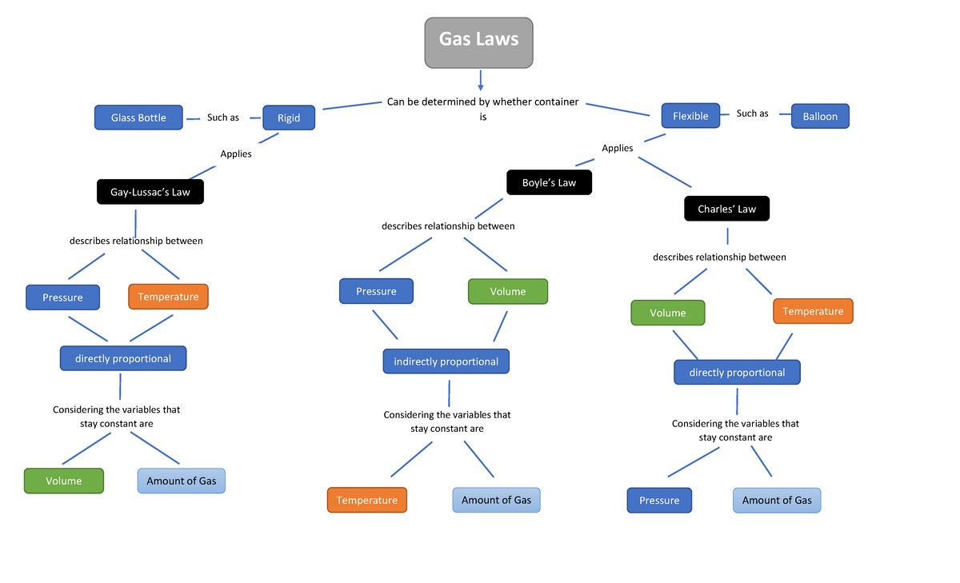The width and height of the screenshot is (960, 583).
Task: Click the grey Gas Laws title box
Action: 478,42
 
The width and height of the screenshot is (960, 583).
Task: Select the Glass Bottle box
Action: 138,118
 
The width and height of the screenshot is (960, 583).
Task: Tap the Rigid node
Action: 289,118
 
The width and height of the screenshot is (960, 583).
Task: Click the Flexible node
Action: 690,116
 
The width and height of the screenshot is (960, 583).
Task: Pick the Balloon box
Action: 820,117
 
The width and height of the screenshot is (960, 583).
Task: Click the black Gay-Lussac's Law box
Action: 150,192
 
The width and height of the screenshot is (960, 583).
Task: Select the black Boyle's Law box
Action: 549,182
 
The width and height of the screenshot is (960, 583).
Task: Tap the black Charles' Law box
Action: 726,209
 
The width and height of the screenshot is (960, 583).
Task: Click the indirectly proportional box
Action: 446,361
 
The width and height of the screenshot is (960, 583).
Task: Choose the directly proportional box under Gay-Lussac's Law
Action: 123,358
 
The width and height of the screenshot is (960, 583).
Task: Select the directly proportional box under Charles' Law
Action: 737,373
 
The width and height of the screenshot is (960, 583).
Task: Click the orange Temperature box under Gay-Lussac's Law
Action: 168,297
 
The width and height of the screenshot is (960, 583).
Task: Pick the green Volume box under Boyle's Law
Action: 508,291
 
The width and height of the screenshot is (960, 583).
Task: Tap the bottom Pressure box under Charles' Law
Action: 659,501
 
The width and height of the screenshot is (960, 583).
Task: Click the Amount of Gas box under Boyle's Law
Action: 496,500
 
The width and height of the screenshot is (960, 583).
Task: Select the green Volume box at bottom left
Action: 64,481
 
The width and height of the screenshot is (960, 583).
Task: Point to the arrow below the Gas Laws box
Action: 480,80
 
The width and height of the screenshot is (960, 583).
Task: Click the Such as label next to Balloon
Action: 752,114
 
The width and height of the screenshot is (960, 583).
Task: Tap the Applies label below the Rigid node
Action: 236,154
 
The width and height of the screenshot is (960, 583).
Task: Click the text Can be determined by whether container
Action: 482,102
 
